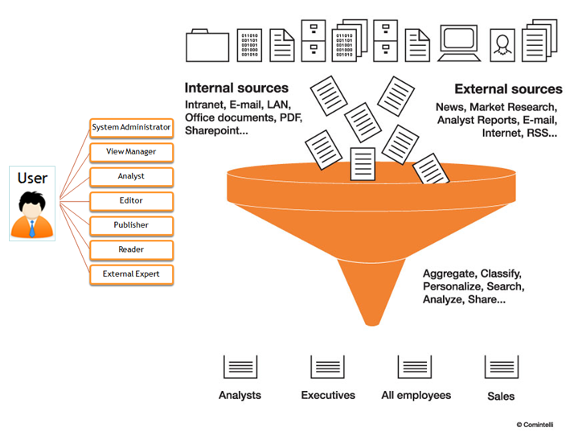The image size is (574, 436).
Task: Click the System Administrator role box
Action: [x=131, y=127]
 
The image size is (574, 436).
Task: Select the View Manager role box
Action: [x=131, y=151]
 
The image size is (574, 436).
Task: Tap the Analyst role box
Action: [x=131, y=176]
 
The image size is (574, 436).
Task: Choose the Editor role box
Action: [x=131, y=200]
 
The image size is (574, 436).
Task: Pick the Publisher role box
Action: [x=131, y=225]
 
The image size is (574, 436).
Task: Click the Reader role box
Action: [x=131, y=249]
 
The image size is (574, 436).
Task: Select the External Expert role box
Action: [x=131, y=274]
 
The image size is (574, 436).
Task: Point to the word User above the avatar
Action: [x=33, y=178]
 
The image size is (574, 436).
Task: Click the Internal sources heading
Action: [x=236, y=88]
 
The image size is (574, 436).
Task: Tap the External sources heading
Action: [x=508, y=89]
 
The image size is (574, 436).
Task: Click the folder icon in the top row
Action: [x=207, y=45]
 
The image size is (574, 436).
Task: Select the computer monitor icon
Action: [x=460, y=43]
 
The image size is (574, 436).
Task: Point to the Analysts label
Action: [x=240, y=395]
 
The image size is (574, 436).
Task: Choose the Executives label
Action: [x=328, y=395]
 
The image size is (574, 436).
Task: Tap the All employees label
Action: [x=416, y=395]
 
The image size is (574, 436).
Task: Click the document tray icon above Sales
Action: [x=501, y=367]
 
